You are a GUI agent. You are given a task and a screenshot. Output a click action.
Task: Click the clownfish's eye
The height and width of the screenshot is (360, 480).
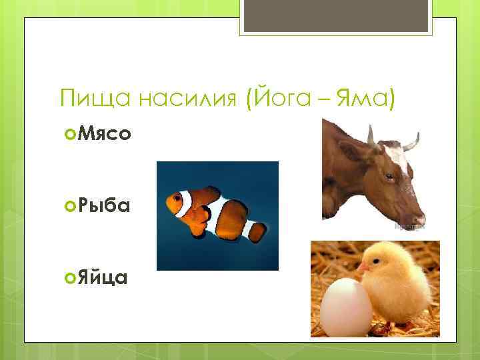pos(179,199)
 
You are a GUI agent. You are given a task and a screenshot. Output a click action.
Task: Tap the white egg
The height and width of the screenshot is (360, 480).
pos(345,307)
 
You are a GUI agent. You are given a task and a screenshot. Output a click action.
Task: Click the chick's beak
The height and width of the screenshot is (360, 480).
pos(362,267)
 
